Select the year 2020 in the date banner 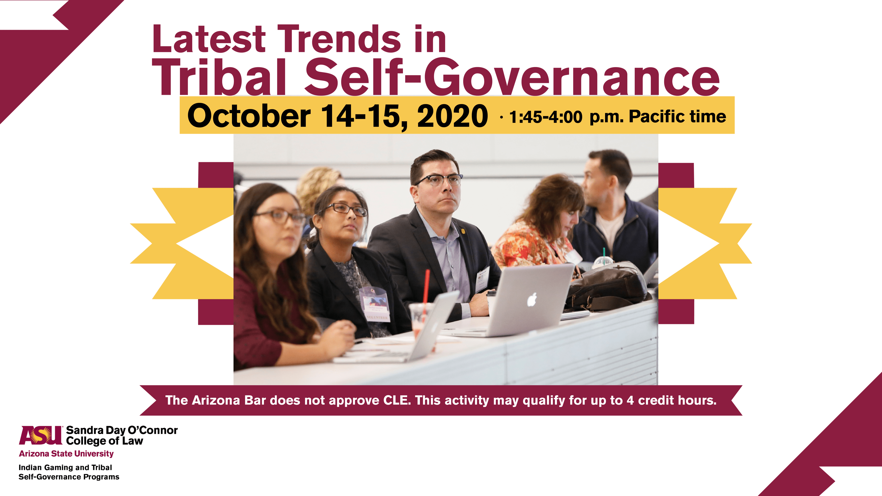tap(453, 116)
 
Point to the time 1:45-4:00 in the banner tap(546, 117)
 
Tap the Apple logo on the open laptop tap(532, 300)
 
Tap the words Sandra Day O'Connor tap(122, 430)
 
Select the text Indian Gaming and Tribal tap(65, 467)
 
